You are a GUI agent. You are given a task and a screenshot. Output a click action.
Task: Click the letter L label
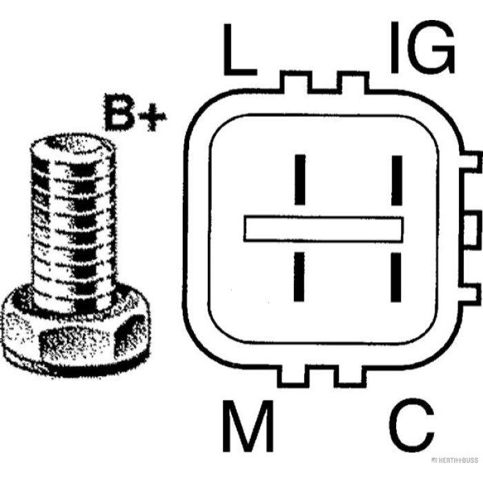click(239, 49)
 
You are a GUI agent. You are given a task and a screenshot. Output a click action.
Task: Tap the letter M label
click(248, 426)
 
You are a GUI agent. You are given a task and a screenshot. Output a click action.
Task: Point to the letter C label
click(412, 426)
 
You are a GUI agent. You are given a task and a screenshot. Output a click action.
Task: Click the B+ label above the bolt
click(135, 112)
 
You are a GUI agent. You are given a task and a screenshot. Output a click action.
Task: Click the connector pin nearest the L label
click(299, 179)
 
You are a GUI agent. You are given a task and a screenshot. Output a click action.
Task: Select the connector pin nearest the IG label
click(397, 180)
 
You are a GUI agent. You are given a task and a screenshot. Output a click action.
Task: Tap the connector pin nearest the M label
click(299, 277)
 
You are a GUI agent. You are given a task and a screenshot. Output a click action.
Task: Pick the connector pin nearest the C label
click(396, 277)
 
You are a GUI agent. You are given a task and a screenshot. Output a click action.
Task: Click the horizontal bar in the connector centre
click(324, 229)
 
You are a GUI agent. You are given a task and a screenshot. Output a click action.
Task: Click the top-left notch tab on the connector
click(296, 82)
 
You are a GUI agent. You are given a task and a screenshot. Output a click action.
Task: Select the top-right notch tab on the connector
click(353, 82)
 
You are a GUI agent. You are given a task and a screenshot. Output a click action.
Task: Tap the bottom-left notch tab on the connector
click(293, 377)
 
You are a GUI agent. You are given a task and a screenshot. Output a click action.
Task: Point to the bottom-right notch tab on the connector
click(351, 377)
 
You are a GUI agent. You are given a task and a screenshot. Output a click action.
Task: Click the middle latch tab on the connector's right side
click(473, 228)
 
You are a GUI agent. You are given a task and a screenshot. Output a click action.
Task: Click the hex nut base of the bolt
click(75, 339)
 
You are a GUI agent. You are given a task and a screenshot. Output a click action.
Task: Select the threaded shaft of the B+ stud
click(74, 228)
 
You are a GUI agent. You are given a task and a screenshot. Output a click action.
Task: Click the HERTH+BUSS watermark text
click(455, 460)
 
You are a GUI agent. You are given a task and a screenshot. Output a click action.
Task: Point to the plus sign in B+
click(152, 117)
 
